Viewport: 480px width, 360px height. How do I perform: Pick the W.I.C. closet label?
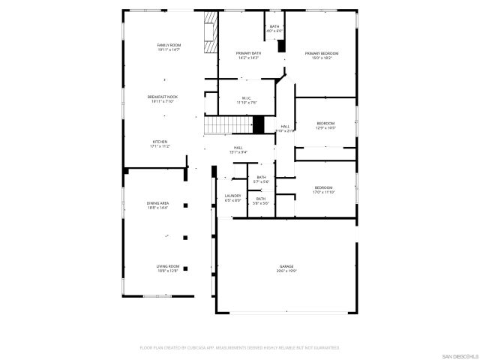click(x=247, y=100)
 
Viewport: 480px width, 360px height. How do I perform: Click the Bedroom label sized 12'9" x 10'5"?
click(x=325, y=125)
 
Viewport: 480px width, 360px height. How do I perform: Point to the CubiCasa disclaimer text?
click(x=240, y=348)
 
